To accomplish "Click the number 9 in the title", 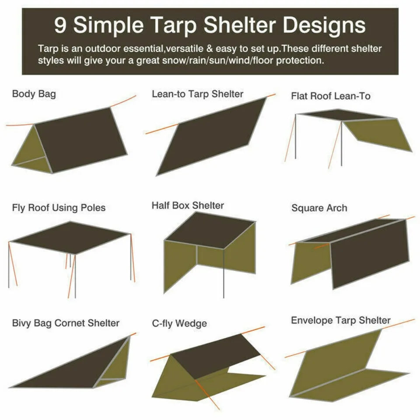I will (x=61, y=26).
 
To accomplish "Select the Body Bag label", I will (x=34, y=94).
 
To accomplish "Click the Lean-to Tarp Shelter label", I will (x=197, y=94).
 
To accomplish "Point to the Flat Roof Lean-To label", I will (x=330, y=96).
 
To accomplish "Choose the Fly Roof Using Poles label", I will (x=59, y=207).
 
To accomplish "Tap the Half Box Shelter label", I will (x=188, y=205).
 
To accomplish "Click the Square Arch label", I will (x=319, y=208).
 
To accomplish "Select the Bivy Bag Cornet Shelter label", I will (x=66, y=323).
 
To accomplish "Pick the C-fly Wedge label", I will (x=179, y=324).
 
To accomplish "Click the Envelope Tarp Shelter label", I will (x=340, y=321).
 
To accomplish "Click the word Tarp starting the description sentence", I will (x=46, y=49).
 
